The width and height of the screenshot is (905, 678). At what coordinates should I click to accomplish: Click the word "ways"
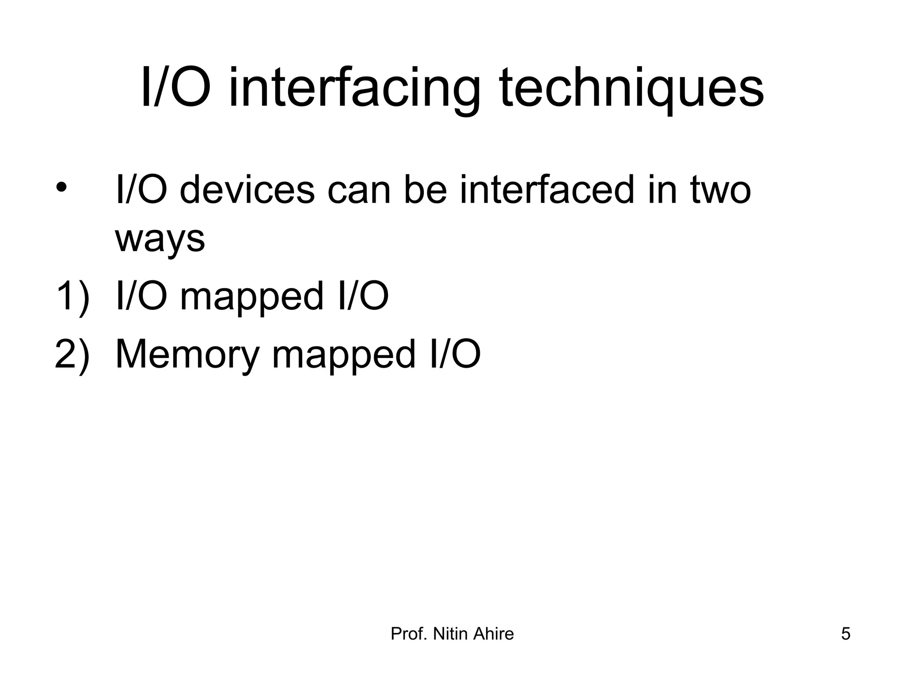point(160,239)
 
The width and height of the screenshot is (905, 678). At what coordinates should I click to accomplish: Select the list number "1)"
point(72,297)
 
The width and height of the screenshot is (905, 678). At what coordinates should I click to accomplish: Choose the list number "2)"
point(72,354)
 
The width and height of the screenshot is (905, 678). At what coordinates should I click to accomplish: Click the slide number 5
point(845,634)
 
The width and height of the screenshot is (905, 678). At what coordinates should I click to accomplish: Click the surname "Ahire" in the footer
point(494,634)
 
